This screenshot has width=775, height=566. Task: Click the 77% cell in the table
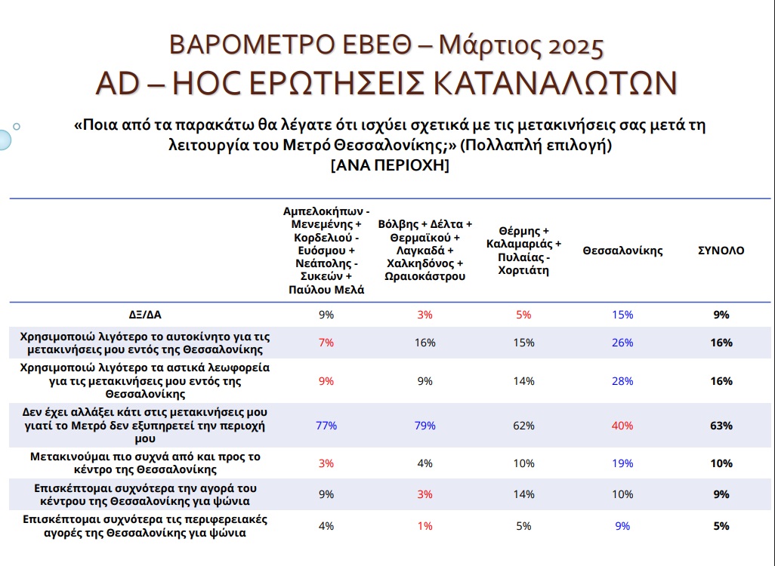(x=326, y=426)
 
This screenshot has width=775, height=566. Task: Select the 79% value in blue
(x=425, y=426)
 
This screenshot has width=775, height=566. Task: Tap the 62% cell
(x=524, y=426)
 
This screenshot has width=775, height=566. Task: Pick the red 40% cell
(x=623, y=426)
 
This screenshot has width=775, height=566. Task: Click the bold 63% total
(x=721, y=426)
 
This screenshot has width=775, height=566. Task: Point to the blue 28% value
(x=623, y=381)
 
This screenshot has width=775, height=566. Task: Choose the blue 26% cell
(x=623, y=343)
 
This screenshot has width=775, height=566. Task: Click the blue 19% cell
(x=623, y=463)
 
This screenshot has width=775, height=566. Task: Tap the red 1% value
(x=425, y=526)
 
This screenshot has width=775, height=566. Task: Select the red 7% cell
(x=326, y=343)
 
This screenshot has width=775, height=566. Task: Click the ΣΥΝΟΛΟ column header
(x=721, y=251)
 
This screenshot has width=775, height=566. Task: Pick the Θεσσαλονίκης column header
(x=622, y=251)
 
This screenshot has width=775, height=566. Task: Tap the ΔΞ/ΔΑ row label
(x=144, y=315)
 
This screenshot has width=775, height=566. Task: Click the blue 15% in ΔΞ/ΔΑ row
(x=623, y=315)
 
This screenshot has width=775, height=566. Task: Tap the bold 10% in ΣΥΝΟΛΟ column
(x=721, y=463)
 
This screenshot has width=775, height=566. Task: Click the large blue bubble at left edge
(x=4, y=139)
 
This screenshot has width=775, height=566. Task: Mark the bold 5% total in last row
(x=721, y=526)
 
